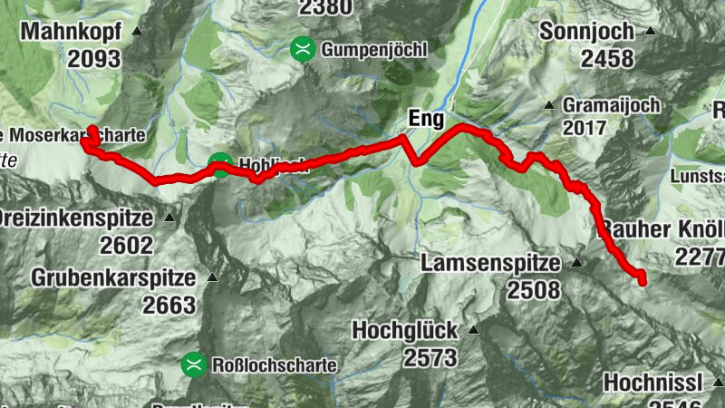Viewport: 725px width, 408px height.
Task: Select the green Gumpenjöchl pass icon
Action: tap(302, 49)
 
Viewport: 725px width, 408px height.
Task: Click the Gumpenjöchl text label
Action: tap(372, 50)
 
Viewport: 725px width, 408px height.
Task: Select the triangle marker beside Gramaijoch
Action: tap(549, 105)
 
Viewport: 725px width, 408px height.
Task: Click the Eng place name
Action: tap(427, 117)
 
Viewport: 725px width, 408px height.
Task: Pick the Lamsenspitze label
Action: tap(493, 264)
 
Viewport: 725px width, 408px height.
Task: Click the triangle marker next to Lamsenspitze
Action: tap(576, 263)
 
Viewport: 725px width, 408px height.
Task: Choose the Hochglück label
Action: tap(405, 330)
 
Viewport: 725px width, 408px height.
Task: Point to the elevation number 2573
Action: tap(429, 357)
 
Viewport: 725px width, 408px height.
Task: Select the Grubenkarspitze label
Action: tap(112, 277)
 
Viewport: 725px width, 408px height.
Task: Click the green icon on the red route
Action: tap(219, 165)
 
